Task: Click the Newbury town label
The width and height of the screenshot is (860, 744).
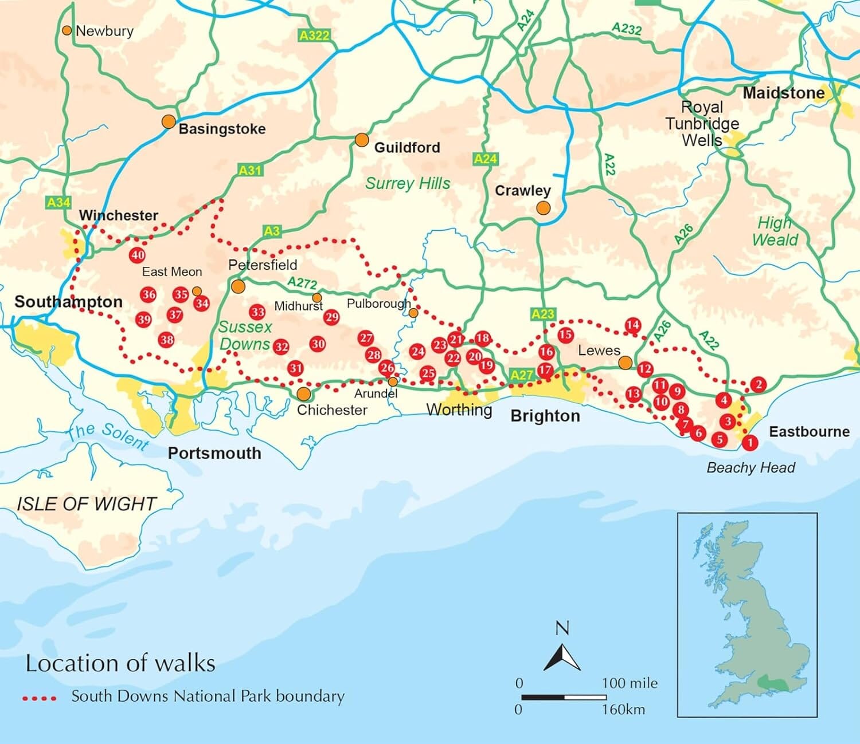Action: (104, 31)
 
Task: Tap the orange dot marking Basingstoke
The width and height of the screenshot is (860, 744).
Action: (169, 121)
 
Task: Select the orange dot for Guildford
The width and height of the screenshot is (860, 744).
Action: (361, 140)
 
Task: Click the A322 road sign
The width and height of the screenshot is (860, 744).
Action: (315, 36)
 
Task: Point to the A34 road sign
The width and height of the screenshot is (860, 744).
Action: (58, 202)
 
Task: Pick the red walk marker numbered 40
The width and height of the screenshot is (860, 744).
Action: (137, 255)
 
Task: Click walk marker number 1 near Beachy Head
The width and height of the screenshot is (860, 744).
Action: (749, 442)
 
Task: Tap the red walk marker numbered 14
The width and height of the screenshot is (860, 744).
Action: (632, 325)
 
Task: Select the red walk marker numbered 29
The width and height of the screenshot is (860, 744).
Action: (331, 317)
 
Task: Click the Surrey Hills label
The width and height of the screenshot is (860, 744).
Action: (408, 183)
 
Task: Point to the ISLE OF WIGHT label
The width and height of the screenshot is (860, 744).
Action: (86, 504)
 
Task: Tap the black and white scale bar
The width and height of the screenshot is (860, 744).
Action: (564, 697)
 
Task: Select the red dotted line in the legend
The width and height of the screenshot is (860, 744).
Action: (40, 698)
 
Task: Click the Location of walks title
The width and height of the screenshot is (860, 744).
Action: (120, 663)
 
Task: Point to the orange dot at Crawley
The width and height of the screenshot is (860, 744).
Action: (543, 208)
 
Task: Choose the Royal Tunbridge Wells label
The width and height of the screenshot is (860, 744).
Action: (702, 124)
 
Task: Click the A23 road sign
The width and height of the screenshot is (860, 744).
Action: (542, 313)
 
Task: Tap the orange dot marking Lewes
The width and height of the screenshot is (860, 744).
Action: (626, 363)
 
